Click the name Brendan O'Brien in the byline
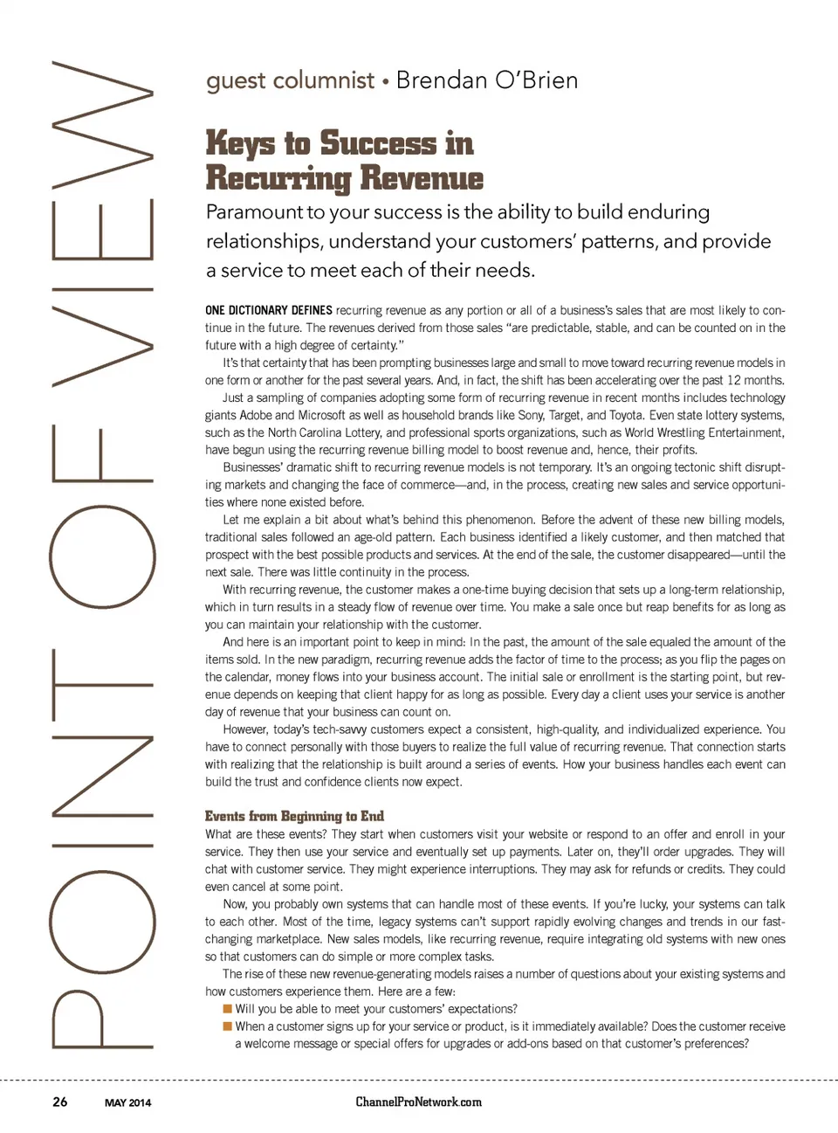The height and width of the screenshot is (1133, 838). (x=486, y=80)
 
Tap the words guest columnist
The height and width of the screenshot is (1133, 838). (x=290, y=81)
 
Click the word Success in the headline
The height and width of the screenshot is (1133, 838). (x=378, y=142)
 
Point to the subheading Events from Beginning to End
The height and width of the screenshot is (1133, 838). (x=294, y=816)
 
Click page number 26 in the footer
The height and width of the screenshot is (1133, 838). (x=59, y=1102)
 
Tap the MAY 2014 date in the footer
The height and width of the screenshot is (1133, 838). (x=127, y=1102)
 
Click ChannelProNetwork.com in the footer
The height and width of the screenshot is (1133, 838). (x=418, y=1102)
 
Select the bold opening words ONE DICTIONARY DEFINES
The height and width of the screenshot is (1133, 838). (x=269, y=310)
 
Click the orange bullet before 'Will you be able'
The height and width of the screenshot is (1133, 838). (x=228, y=1008)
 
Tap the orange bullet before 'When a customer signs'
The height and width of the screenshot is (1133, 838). (x=228, y=1026)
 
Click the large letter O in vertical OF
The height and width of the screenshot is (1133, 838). (x=102, y=556)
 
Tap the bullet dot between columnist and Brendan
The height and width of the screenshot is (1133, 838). (x=384, y=82)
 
